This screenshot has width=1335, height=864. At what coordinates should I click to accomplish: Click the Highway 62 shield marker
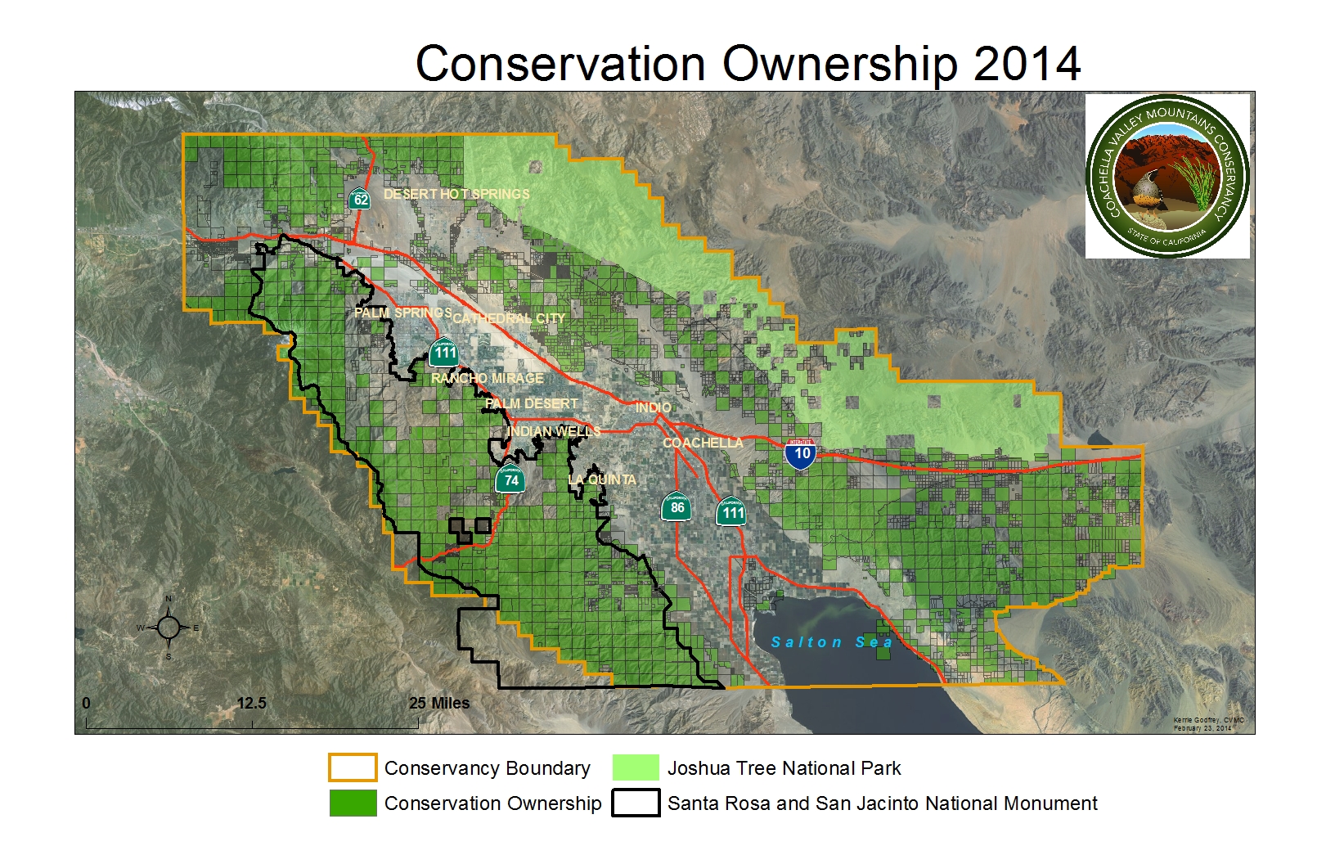[359, 198]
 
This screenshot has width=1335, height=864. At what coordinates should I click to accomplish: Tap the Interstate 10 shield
[801, 453]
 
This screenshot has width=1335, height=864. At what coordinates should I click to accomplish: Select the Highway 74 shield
[510, 479]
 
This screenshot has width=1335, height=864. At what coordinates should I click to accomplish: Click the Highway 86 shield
[677, 507]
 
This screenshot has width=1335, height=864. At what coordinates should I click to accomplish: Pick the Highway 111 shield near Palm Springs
[444, 353]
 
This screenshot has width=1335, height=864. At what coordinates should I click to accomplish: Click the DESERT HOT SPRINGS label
[456, 194]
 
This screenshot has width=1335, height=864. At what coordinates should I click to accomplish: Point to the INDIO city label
[654, 407]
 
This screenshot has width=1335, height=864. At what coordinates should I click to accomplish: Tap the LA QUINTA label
[602, 479]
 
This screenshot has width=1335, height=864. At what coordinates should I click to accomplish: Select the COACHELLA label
[703, 443]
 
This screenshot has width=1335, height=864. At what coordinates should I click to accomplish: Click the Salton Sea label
[831, 642]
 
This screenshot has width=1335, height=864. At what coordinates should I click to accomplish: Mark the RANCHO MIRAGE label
[488, 378]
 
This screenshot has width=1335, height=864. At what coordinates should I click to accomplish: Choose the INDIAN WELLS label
[554, 431]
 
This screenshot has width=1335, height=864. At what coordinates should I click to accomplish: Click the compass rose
[169, 628]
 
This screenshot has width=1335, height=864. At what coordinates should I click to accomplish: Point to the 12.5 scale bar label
[251, 704]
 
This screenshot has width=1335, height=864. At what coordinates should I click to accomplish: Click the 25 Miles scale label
[439, 704]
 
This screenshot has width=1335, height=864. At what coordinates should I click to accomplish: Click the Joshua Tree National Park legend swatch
[636, 767]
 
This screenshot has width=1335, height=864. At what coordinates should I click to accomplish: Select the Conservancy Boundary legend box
[353, 767]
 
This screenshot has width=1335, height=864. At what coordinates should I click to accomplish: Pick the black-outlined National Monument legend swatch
[636, 803]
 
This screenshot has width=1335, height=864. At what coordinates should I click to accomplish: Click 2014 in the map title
[1027, 64]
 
